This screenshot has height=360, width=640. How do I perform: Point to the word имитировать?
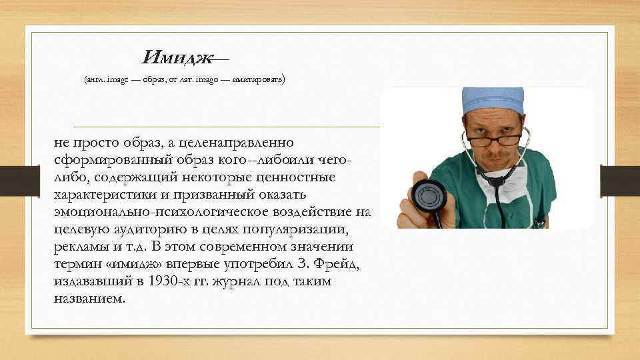tap(259, 80)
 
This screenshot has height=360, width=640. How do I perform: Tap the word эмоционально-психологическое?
tap(151, 212)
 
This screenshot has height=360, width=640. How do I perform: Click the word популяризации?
tap(319, 229)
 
